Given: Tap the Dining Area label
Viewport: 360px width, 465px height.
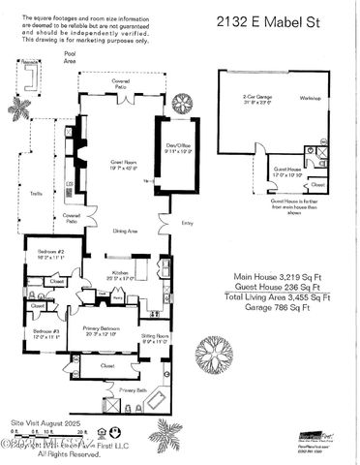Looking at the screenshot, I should point(127,232).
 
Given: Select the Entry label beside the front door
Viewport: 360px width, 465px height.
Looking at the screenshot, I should point(187,224).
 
